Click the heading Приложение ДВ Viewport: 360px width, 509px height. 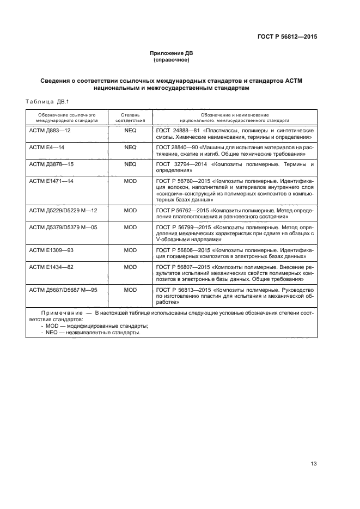click(x=171, y=53)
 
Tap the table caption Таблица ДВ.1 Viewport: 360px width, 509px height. click(x=46, y=102)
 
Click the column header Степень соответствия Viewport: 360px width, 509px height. click(x=130, y=118)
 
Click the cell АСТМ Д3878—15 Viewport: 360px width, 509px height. click(x=51, y=163)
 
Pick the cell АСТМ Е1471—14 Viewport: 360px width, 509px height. click(x=51, y=180)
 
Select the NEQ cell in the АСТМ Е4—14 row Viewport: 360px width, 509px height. click(x=130, y=147)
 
